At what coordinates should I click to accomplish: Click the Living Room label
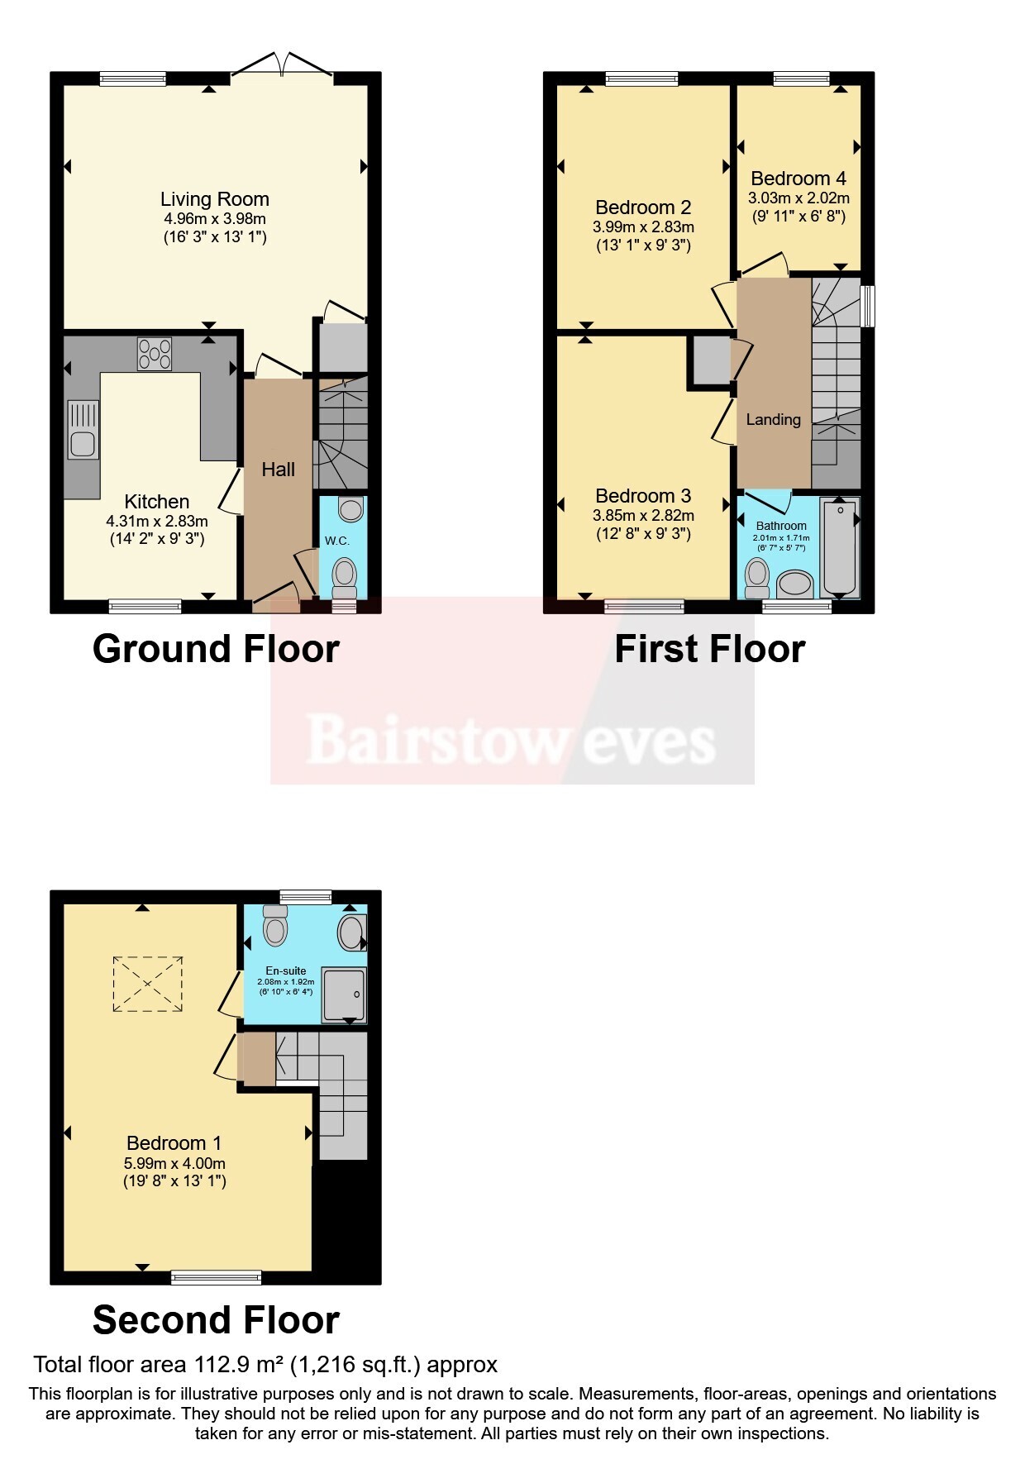click(215, 199)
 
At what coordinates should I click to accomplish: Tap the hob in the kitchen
click(155, 354)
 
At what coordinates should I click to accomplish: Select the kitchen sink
click(83, 429)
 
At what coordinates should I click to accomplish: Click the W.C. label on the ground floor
click(336, 541)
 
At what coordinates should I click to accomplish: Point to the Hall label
click(279, 470)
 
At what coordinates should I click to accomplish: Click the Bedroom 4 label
click(799, 179)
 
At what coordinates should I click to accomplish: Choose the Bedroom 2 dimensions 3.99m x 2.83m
click(643, 227)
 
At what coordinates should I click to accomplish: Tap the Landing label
click(774, 420)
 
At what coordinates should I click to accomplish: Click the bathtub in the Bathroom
click(839, 546)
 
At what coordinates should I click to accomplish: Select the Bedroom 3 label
click(643, 496)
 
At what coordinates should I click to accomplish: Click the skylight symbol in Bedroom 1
click(147, 984)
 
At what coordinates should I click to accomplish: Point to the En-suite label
click(286, 971)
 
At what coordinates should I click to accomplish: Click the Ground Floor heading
click(216, 649)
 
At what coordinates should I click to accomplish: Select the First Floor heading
click(710, 649)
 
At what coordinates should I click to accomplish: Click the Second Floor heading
click(216, 1320)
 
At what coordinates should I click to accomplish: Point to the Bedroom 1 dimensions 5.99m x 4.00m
click(174, 1163)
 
